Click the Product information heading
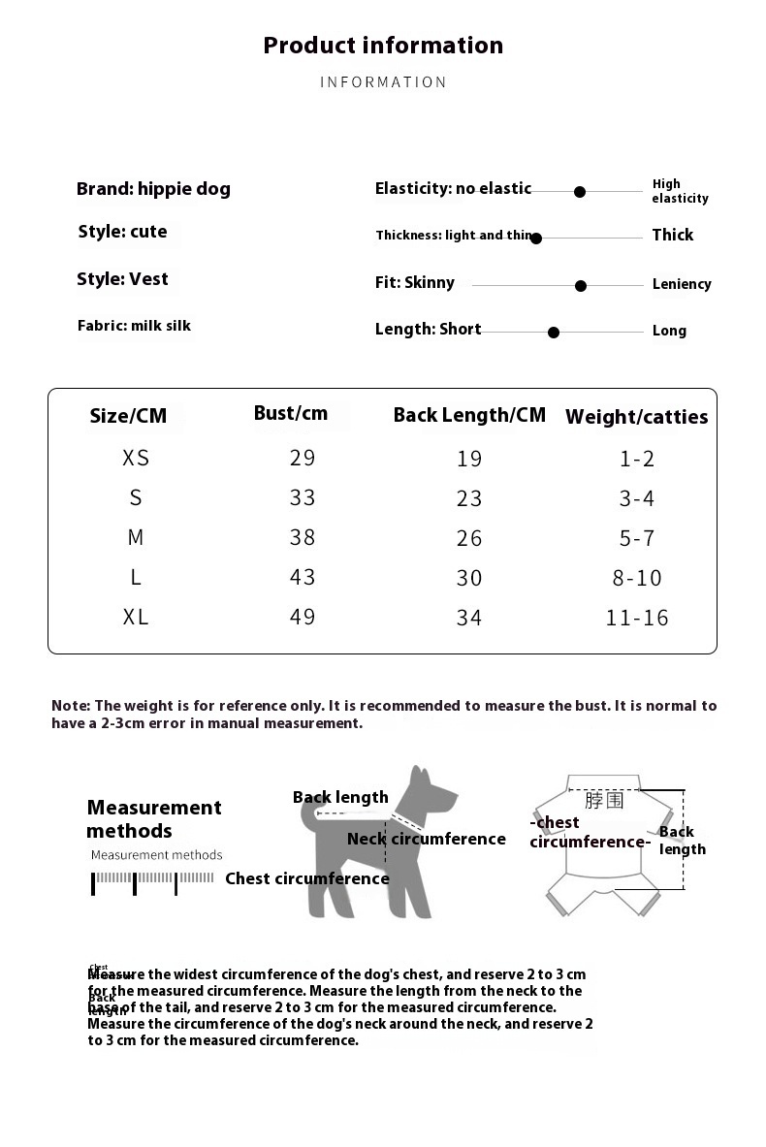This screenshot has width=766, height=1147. (383, 46)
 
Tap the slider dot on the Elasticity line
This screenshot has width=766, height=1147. (580, 192)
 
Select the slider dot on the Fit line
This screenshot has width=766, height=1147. (581, 286)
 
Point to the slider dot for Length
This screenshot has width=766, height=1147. (554, 333)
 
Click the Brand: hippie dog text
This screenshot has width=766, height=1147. (153, 189)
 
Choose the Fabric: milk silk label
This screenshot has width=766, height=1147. (134, 326)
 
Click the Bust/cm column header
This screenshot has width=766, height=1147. (291, 413)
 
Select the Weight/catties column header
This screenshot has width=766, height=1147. (636, 417)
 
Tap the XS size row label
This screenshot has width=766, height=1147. (136, 458)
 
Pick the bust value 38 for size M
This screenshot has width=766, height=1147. (303, 537)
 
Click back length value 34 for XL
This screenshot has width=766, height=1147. (469, 618)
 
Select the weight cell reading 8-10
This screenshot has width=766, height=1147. (637, 578)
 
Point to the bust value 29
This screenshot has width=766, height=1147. (303, 458)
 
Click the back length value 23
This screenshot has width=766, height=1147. (469, 498)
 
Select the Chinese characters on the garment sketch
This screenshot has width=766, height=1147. (604, 801)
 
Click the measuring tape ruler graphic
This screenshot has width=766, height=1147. (153, 880)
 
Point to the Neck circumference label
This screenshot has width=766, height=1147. (427, 839)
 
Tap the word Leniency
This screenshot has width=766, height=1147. (682, 284)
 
